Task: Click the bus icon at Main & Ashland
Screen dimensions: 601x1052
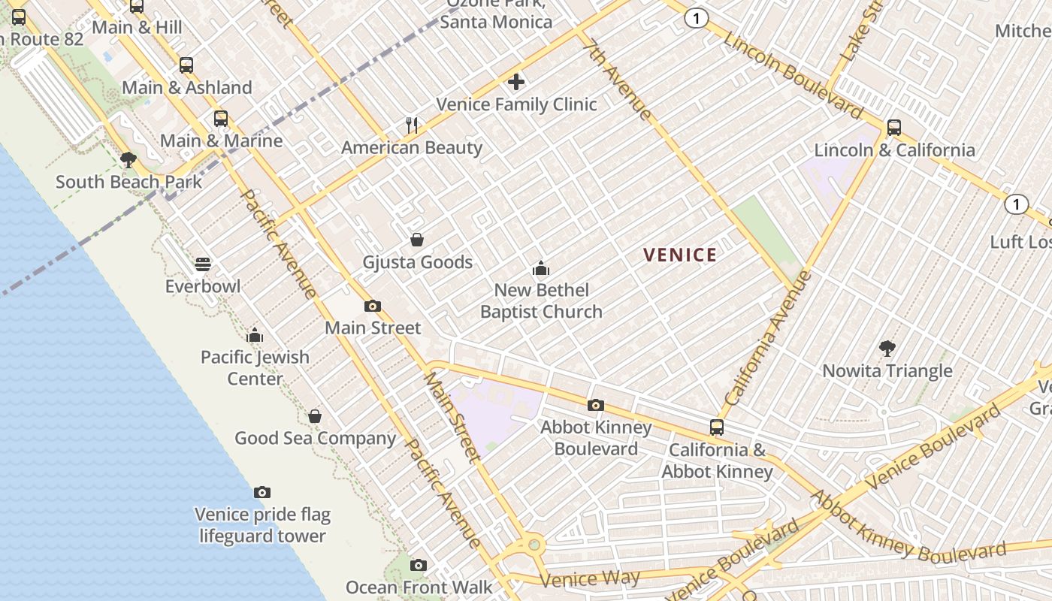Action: pos(186,65)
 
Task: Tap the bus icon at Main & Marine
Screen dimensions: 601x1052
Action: pos(220,119)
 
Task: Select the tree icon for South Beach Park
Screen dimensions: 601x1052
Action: pos(128,159)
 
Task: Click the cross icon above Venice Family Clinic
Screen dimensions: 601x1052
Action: pos(516,82)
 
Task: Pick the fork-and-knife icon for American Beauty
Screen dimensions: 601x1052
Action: pos(412,125)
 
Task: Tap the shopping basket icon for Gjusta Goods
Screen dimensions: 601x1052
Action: pos(417,240)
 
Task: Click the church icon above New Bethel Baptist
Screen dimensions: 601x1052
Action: pos(540,268)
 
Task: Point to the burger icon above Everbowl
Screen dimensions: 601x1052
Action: pos(203,264)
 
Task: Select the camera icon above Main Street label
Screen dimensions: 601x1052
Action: pos(372,306)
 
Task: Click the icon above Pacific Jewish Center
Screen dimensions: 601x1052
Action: pos(255,335)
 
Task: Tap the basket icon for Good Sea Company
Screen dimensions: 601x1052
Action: pos(315,416)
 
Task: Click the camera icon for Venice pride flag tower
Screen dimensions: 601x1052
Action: pos(261,493)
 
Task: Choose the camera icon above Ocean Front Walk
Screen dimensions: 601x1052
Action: pos(419,565)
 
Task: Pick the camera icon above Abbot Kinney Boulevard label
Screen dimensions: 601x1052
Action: pos(595,406)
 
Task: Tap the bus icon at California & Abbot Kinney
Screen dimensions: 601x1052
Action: pos(717,427)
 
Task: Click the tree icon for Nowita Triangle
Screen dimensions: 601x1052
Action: pos(887,348)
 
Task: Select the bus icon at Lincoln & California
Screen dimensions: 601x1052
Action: pos(893,128)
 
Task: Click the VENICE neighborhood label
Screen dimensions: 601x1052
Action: pos(680,255)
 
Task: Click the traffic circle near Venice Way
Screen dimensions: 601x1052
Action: pos(534,543)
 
